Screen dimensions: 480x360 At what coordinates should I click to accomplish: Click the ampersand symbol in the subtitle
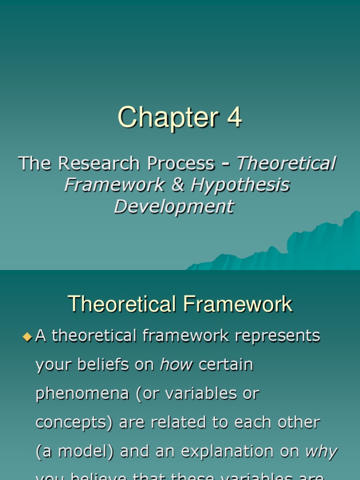coord(178,185)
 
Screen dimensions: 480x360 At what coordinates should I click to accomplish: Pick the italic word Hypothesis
coord(240,185)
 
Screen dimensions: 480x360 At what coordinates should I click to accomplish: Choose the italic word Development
coord(174,206)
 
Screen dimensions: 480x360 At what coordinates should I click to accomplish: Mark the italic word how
coord(176,365)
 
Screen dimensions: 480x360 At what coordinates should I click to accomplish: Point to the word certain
coord(226,365)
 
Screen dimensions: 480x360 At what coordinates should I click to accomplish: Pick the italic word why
coord(321,452)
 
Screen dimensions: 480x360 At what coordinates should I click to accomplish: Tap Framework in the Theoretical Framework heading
coord(238,304)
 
